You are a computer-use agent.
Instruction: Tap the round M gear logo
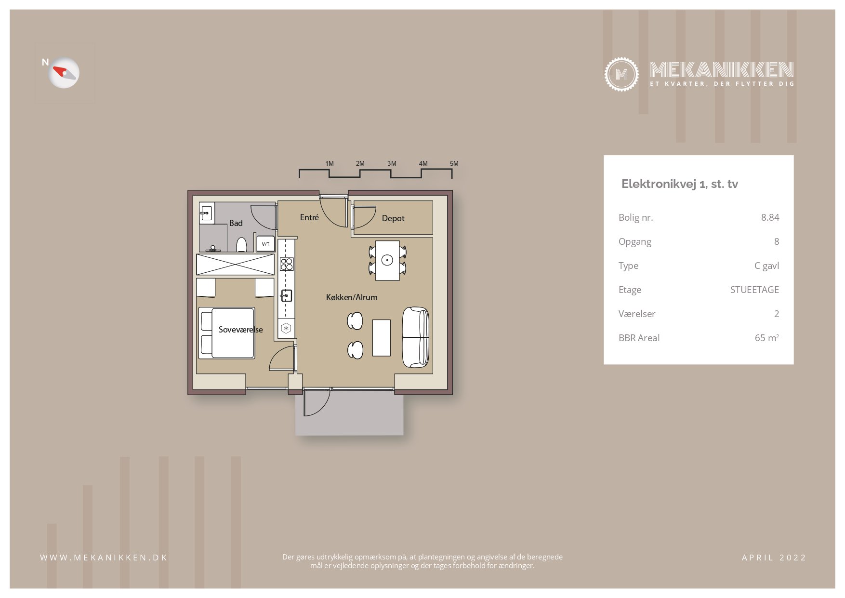[621, 74]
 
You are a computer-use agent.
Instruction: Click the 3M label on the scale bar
[392, 163]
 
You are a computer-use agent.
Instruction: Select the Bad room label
[236, 223]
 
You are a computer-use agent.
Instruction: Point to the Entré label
[309, 217]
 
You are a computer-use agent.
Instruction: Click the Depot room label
[393, 218]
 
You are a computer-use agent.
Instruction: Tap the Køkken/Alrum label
[352, 297]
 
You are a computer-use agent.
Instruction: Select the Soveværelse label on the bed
[241, 330]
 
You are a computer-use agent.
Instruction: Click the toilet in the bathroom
[241, 245]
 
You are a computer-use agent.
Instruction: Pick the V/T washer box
[265, 244]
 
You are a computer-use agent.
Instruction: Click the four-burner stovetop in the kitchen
[287, 264]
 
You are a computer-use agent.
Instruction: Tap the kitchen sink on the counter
[286, 295]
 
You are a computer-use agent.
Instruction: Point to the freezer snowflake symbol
[286, 329]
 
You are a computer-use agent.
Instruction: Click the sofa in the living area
[415, 337]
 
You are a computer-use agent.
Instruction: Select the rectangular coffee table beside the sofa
[382, 337]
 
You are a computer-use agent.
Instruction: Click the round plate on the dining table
[387, 260]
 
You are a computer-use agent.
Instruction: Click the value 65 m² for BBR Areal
[767, 338]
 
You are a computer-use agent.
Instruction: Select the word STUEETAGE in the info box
[754, 290]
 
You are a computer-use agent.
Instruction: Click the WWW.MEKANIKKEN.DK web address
[104, 558]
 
